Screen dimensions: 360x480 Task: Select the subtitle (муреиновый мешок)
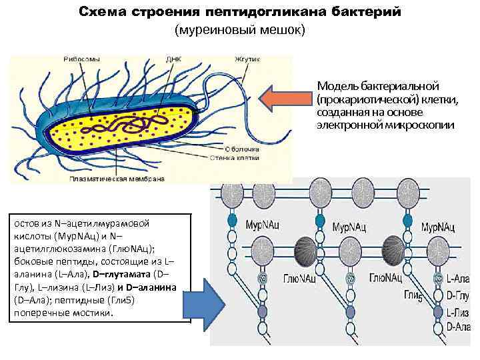(x=239, y=30)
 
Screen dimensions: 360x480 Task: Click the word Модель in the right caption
(x=337, y=86)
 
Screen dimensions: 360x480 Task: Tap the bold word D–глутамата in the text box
(x=122, y=273)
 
